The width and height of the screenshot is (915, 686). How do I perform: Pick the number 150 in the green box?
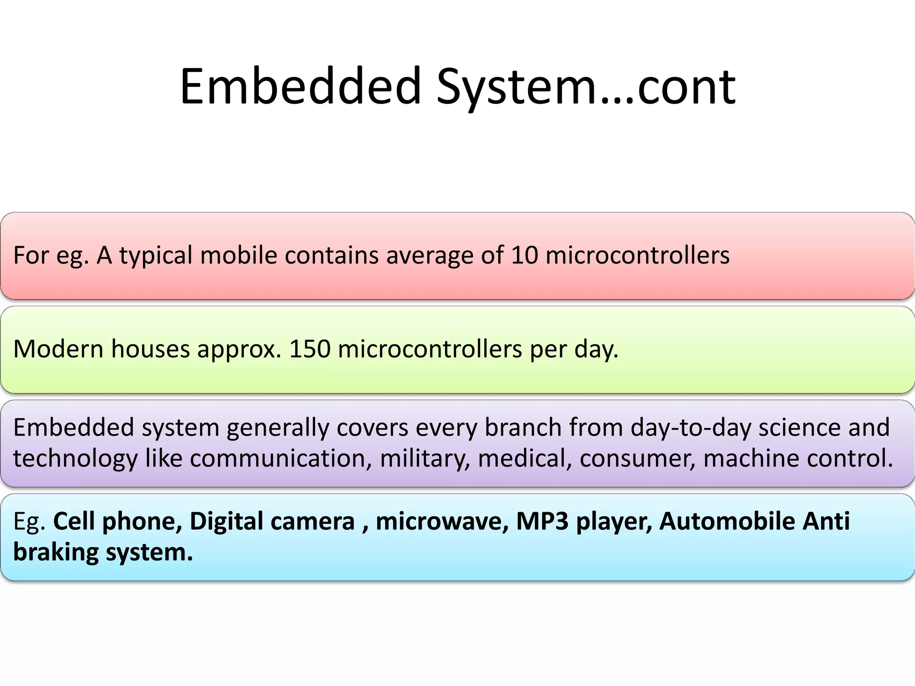(310, 349)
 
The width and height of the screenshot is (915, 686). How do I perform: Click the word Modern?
(59, 349)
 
